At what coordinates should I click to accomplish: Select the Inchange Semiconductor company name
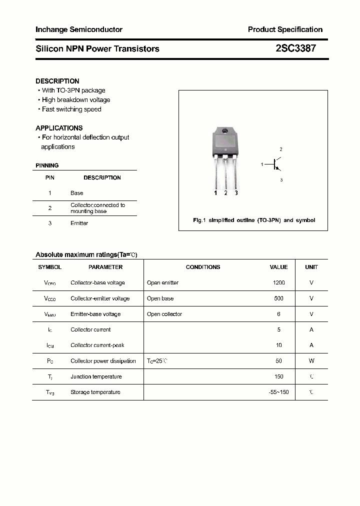pyautogui.click(x=79, y=29)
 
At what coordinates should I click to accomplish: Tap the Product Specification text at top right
pyautogui.click(x=285, y=29)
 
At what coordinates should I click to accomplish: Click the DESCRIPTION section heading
pyautogui.click(x=57, y=81)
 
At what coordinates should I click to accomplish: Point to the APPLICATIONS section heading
pyautogui.click(x=59, y=128)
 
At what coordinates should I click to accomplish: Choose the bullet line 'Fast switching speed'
pyautogui.click(x=71, y=109)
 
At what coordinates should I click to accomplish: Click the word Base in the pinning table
pyautogui.click(x=77, y=193)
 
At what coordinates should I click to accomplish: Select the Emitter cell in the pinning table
pyautogui.click(x=79, y=223)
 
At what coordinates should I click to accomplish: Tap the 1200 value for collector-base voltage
pyautogui.click(x=278, y=283)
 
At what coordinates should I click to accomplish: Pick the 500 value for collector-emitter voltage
pyautogui.click(x=278, y=298)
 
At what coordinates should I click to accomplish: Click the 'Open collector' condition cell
pyautogui.click(x=164, y=314)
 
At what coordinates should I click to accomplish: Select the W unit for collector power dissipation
pyautogui.click(x=311, y=361)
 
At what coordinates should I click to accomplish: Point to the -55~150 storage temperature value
pyautogui.click(x=278, y=392)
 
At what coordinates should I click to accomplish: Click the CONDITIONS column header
pyautogui.click(x=203, y=267)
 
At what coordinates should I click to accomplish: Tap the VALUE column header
pyautogui.click(x=278, y=267)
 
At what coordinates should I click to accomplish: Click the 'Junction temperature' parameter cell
pyautogui.click(x=96, y=377)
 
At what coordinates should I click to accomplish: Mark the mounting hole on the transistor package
pyautogui.click(x=225, y=131)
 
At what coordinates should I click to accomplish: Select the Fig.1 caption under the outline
pyautogui.click(x=254, y=220)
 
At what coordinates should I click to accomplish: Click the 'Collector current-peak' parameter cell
pyautogui.click(x=97, y=345)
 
